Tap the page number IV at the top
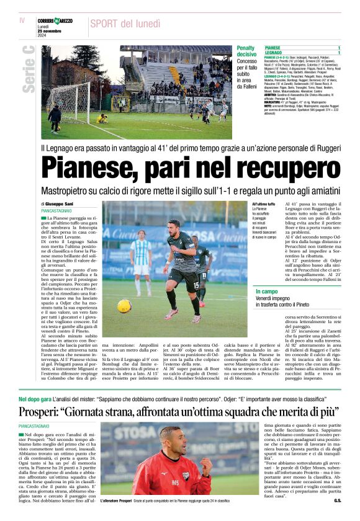click(x=22, y=20)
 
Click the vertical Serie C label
click(x=28, y=69)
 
